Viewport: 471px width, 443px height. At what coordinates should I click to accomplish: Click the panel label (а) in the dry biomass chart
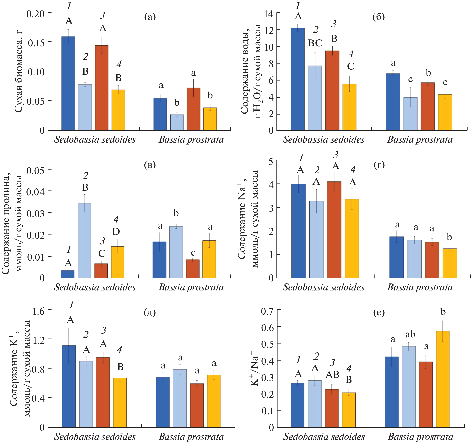[150, 17]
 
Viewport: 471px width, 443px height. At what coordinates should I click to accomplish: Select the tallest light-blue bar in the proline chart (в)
[85, 240]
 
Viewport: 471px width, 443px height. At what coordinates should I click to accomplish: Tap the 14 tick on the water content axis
[269, 14]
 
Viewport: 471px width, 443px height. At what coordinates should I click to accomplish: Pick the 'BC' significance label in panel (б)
[315, 43]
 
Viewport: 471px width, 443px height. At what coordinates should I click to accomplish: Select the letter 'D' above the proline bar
[116, 232]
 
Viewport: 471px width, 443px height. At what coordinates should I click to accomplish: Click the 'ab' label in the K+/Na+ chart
[410, 334]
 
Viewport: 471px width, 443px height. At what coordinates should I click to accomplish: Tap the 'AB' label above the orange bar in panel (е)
[332, 375]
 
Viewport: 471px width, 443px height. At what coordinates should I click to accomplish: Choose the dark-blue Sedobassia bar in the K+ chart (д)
[69, 386]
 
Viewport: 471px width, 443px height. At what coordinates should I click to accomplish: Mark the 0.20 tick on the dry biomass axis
[35, 14]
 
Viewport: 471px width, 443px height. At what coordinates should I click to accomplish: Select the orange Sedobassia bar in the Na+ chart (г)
[334, 229]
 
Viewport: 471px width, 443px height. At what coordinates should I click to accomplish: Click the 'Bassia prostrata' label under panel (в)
[191, 287]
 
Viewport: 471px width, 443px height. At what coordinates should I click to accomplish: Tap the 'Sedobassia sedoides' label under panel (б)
[323, 140]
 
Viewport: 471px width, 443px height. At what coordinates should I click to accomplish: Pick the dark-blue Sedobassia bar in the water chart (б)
[298, 79]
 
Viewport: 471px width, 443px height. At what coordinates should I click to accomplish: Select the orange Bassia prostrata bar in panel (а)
[193, 109]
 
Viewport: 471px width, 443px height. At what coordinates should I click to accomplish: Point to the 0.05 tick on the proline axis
[35, 171]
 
